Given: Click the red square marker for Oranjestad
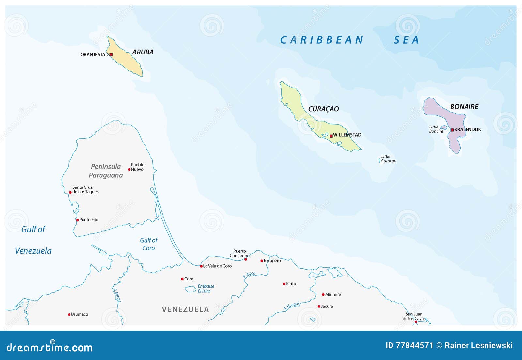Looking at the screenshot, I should point(111,55).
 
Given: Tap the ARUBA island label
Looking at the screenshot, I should point(143,52).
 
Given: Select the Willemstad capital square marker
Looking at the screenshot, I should point(331,136).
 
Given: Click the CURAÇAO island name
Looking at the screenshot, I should point(323,109).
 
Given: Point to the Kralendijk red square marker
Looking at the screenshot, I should point(452,130).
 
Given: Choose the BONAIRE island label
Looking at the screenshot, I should point(464,107).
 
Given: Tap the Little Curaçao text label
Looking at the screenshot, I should point(388,158).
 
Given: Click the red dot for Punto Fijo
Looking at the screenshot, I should point(77,220).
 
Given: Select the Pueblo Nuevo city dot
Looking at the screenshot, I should point(129,169).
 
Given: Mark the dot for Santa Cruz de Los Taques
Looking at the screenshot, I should point(70,192).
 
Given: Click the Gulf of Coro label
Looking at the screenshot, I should point(148,244).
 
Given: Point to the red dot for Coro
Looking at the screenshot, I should point(182,279).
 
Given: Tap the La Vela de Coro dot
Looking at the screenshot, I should point(201,266).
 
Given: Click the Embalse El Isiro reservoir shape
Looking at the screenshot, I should point(191,289).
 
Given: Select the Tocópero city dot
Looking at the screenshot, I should point(262,261).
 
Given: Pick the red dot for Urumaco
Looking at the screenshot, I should point(69,315).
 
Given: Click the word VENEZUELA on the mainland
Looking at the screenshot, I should point(185,309).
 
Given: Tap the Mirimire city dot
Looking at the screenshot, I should point(323,295).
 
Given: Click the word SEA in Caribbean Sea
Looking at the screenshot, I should point(406,40).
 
